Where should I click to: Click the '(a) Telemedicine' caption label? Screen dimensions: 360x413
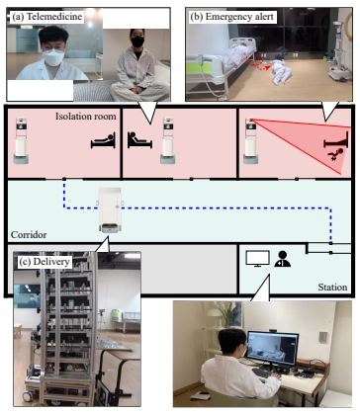click(46, 17)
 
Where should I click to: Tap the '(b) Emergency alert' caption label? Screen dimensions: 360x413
click(231, 17)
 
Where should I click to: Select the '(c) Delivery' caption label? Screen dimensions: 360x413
click(45, 262)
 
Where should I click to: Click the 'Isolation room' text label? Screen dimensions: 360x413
click(85, 117)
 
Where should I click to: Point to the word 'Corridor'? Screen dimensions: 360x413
click(29, 235)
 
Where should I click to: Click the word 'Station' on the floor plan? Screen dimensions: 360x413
click(332, 288)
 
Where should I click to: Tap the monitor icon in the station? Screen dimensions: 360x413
click(258, 259)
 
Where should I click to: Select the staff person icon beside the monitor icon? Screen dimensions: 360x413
click(282, 259)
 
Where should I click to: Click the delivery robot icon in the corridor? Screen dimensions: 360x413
click(110, 210)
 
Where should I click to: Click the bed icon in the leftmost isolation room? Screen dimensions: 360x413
click(103, 140)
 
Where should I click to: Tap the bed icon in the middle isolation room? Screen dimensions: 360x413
click(139, 140)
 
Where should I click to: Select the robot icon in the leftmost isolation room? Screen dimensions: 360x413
click(21, 140)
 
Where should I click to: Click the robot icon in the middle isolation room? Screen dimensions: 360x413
click(168, 140)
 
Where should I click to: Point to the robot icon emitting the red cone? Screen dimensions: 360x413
click(251, 140)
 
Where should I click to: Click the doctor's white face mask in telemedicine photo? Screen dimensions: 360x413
click(53, 57)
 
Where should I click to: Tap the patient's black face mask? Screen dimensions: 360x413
click(137, 41)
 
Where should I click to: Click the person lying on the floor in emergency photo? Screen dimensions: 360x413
click(280, 69)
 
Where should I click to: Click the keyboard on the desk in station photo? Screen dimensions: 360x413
click(263, 373)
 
